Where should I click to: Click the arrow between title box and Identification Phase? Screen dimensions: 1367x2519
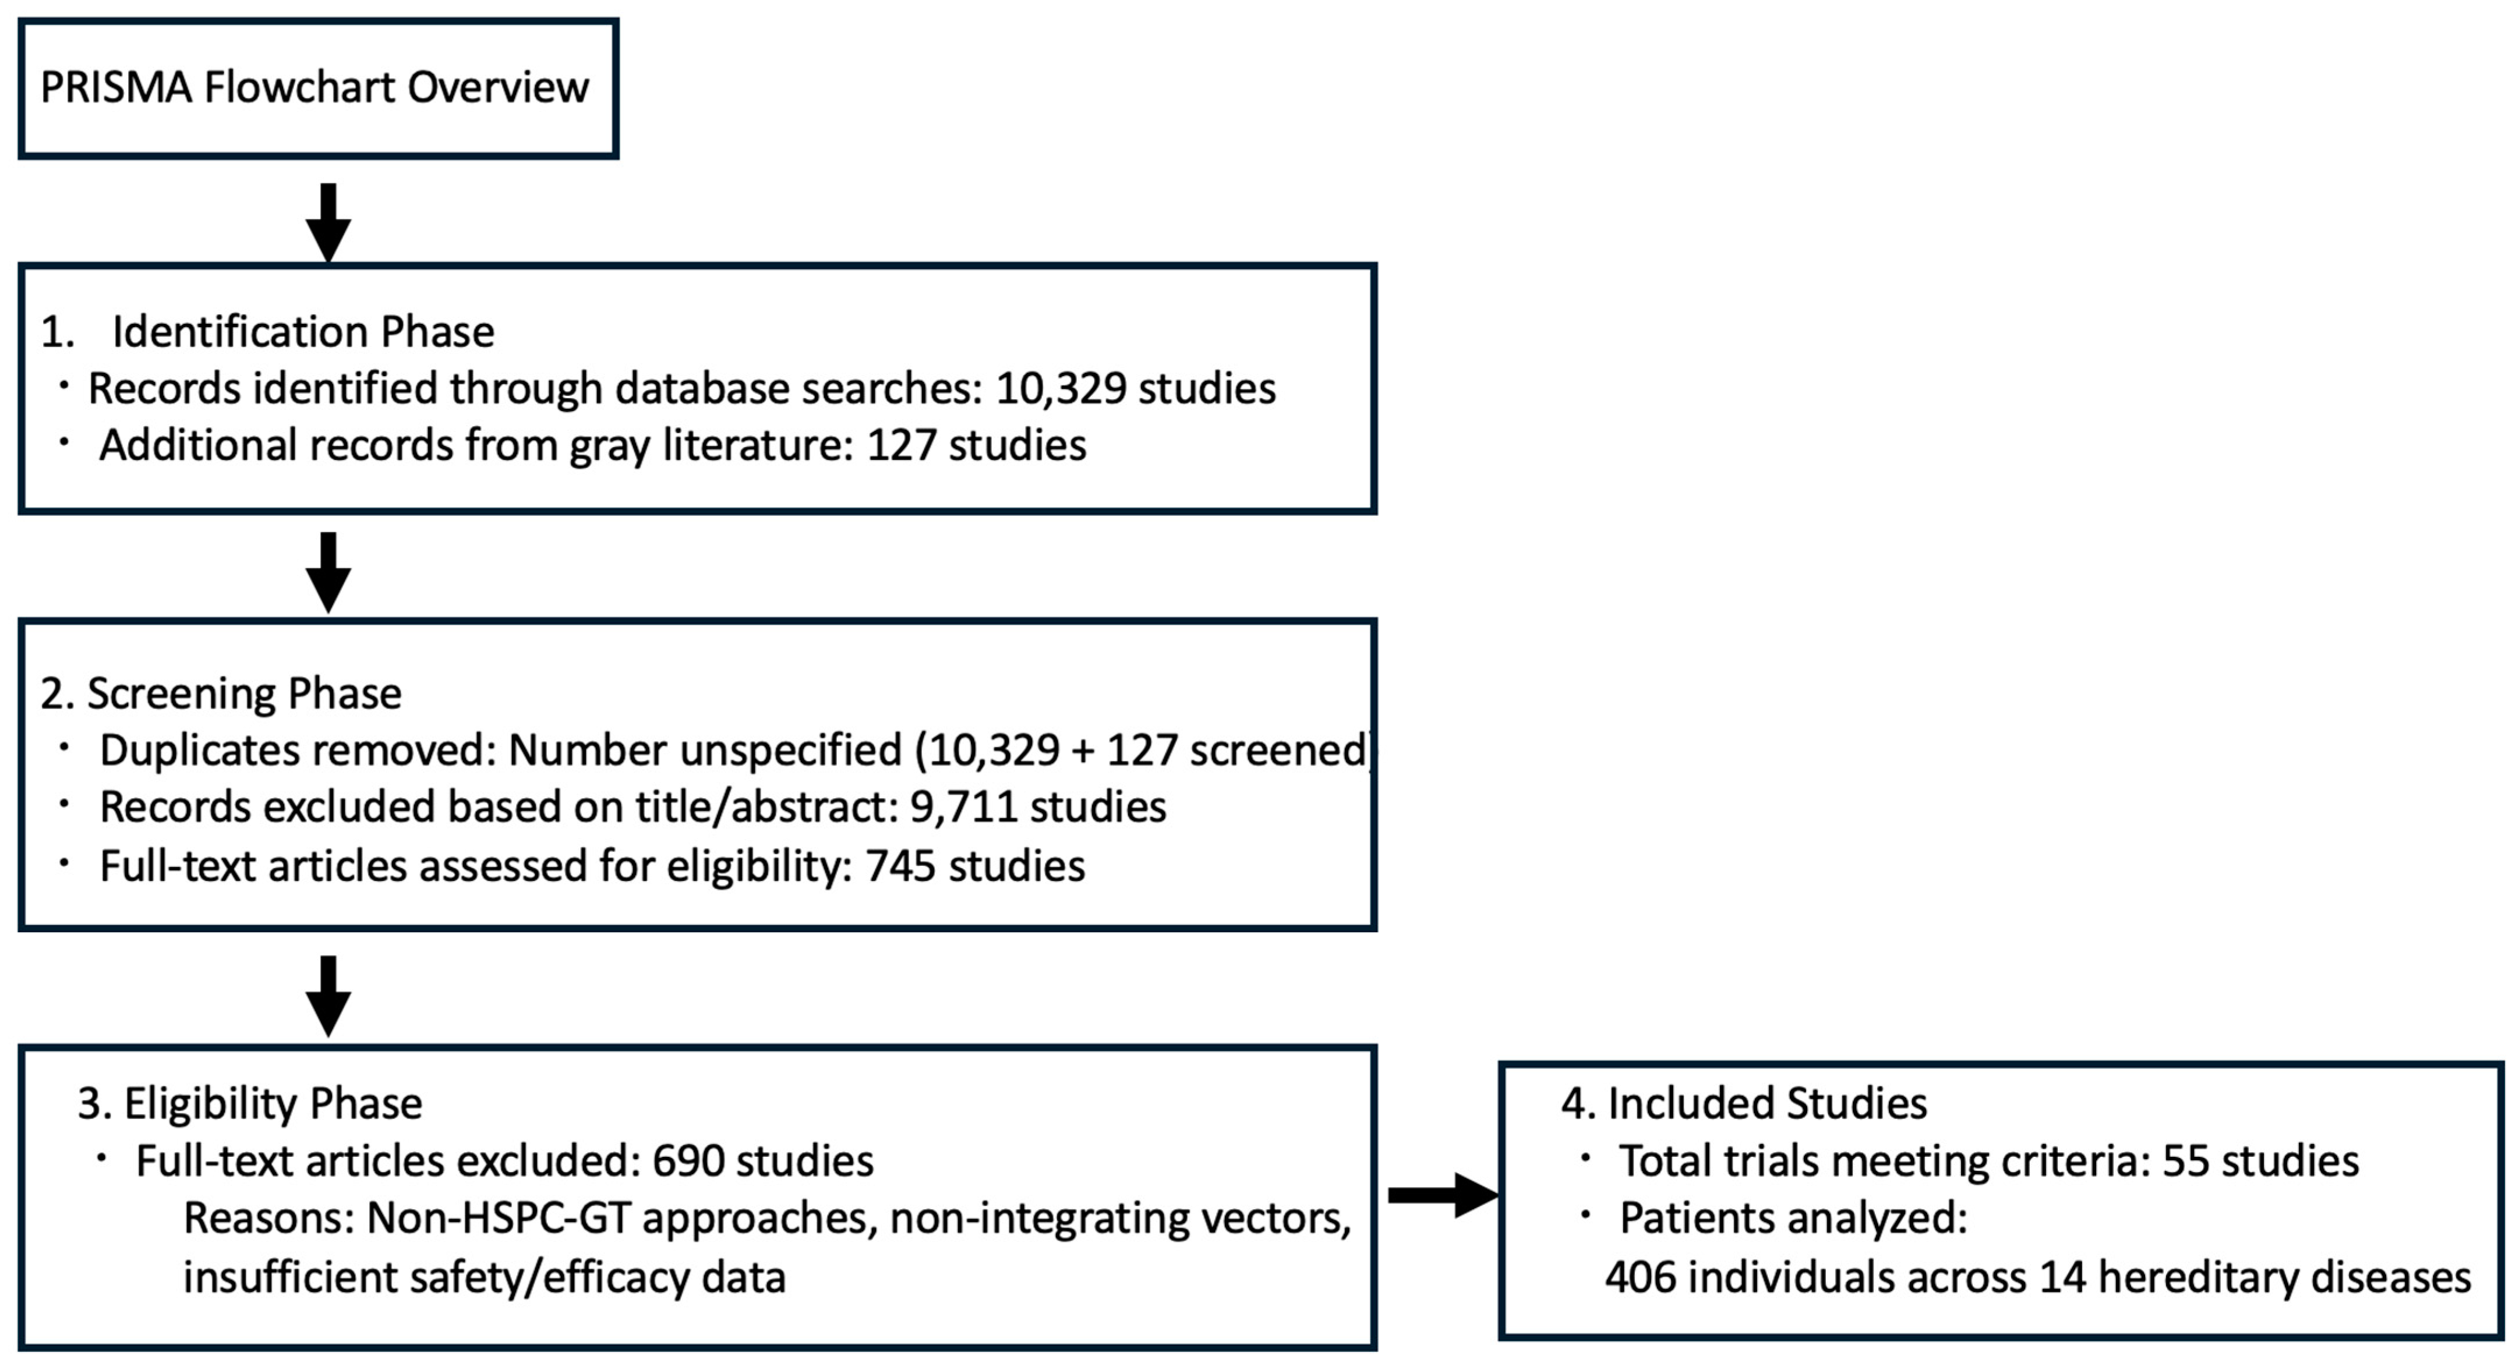pyautogui.click(x=328, y=223)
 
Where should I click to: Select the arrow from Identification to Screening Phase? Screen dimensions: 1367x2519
pyautogui.click(x=328, y=572)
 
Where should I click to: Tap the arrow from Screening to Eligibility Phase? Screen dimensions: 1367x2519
pyautogui.click(x=328, y=996)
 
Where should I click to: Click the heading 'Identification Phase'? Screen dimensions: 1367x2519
pyautogui.click(x=303, y=332)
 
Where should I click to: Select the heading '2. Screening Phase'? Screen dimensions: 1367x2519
pyautogui.click(x=221, y=693)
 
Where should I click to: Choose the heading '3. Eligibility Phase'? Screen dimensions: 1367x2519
pyautogui.click(x=250, y=1104)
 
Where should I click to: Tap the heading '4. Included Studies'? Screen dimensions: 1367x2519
pyautogui.click(x=1744, y=1104)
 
